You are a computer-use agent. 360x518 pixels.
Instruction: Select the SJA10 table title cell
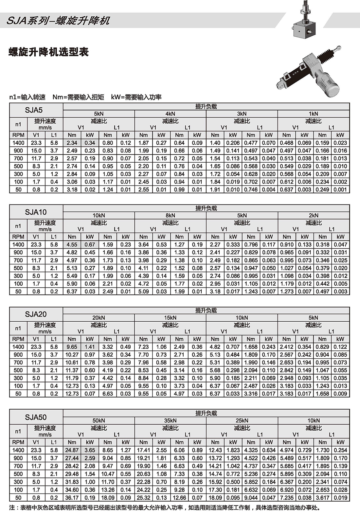pyautogui.click(x=36, y=212)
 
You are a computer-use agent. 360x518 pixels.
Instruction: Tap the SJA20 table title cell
pyautogui.click(x=36, y=314)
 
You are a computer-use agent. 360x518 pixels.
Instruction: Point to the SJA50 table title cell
pyautogui.click(x=36, y=417)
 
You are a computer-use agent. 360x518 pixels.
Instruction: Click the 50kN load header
pyautogui.click(x=99, y=420)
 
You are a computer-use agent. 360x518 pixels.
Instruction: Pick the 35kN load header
pyautogui.click(x=170, y=420)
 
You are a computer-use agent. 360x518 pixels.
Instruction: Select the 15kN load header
pyautogui.click(x=170, y=318)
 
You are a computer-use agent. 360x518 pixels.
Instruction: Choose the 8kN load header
pyautogui.click(x=170, y=215)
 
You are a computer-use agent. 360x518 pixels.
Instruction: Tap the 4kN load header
pyautogui.click(x=170, y=114)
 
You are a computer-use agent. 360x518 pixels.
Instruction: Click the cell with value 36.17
pyautogui.click(x=72, y=498)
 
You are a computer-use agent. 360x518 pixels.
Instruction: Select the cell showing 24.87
pyautogui.click(x=72, y=450)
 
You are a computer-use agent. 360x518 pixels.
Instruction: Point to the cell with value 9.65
pyautogui.click(x=72, y=347)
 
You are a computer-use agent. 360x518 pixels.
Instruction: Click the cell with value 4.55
pyautogui.click(x=72, y=244)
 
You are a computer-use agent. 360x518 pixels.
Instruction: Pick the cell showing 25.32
pyautogui.click(x=143, y=498)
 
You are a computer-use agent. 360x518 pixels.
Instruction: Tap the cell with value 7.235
pyautogui.click(x=287, y=498)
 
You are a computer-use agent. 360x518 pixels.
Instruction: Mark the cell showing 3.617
pyautogui.click(x=322, y=498)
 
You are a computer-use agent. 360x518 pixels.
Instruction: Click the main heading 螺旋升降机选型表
pyautogui.click(x=48, y=52)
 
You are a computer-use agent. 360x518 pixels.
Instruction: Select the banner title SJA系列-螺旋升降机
pyautogui.click(x=58, y=21)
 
